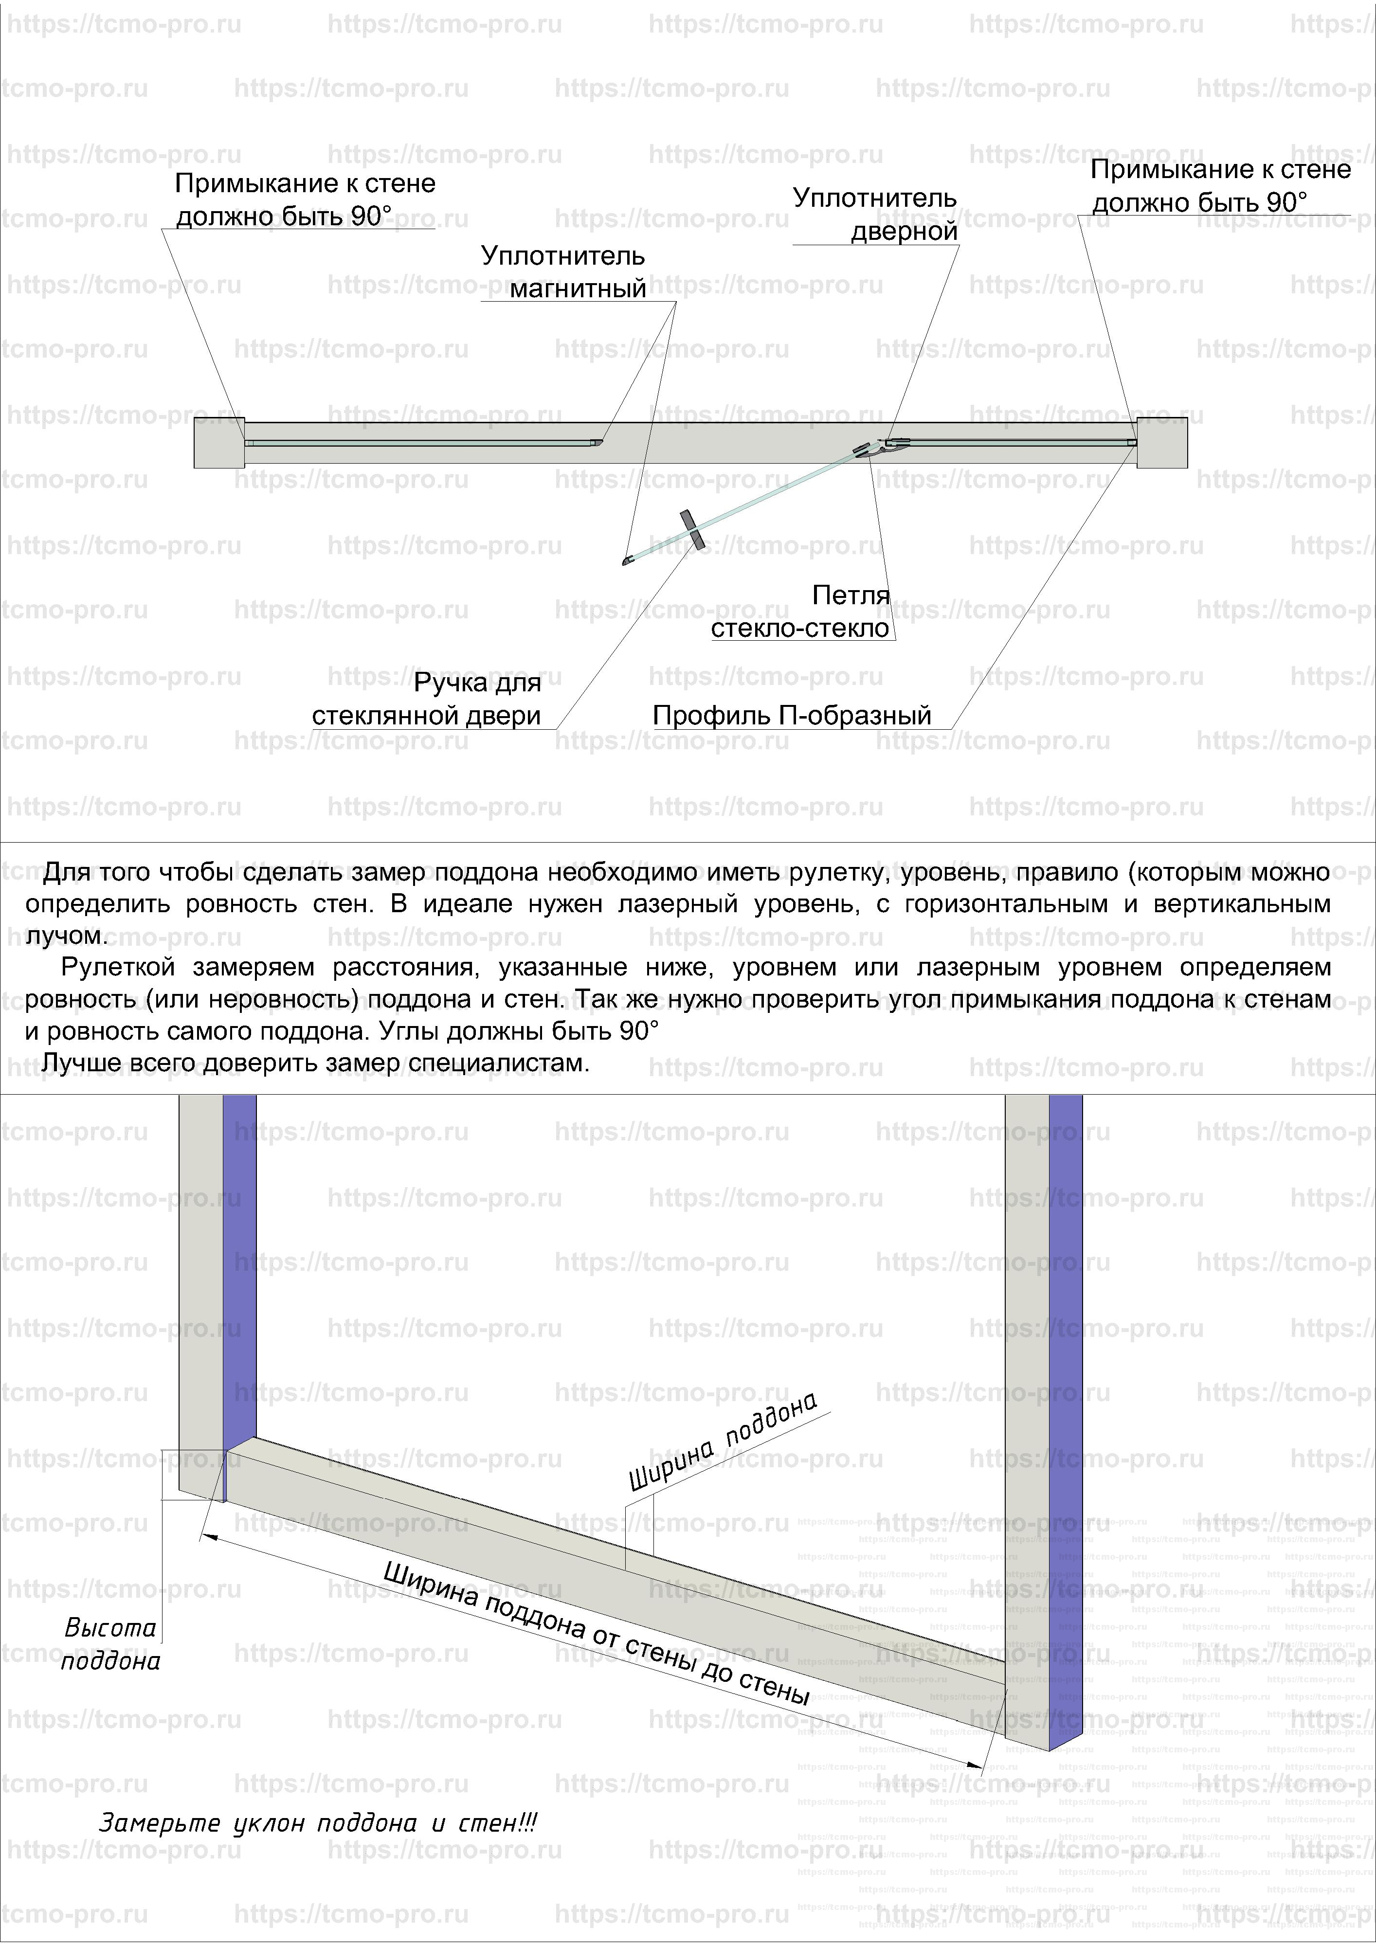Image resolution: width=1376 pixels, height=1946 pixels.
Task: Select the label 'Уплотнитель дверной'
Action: (x=875, y=215)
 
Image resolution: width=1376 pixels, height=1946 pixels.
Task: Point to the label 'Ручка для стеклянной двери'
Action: (x=426, y=699)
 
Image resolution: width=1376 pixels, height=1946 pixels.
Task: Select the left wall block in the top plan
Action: (x=219, y=442)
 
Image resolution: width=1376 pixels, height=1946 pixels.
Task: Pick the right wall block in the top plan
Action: (x=1161, y=442)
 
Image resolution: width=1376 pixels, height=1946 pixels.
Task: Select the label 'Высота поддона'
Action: (x=111, y=1643)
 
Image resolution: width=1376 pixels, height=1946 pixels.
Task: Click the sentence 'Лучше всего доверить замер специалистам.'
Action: (x=315, y=1063)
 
